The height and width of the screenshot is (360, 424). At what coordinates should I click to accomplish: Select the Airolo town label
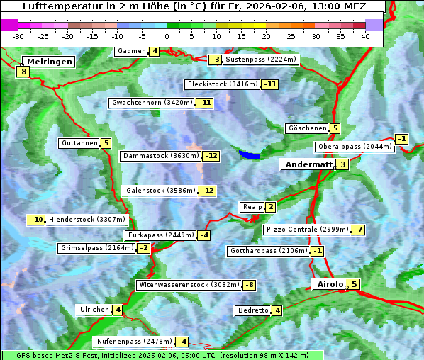pyautogui.click(x=329, y=284)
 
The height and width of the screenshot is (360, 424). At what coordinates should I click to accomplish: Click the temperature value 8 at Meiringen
pyautogui.click(x=23, y=71)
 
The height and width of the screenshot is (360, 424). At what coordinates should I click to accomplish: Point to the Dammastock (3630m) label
pyautogui.click(x=160, y=156)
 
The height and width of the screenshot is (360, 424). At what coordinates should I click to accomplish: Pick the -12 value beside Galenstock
pyautogui.click(x=207, y=191)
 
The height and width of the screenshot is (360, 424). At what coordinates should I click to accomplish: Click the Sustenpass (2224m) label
pyautogui.click(x=261, y=60)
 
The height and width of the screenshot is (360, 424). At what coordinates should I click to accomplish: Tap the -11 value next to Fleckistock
pyautogui.click(x=269, y=84)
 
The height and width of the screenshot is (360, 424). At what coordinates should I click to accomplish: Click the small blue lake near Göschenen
pyautogui.click(x=250, y=154)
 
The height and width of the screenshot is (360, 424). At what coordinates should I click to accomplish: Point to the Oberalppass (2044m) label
pyautogui.click(x=354, y=147)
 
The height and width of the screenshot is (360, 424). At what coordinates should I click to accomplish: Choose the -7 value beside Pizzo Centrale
pyautogui.click(x=358, y=230)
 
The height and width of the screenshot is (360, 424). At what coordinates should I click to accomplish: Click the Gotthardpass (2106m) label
pyautogui.click(x=268, y=251)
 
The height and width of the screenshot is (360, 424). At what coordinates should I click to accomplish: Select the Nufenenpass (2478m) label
pyautogui.click(x=133, y=342)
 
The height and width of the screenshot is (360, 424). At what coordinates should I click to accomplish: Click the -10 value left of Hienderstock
pyautogui.click(x=36, y=220)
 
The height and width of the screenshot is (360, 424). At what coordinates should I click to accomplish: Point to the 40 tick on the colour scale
pyautogui.click(x=364, y=36)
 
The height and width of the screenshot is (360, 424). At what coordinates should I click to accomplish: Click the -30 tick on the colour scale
pyautogui.click(x=18, y=36)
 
